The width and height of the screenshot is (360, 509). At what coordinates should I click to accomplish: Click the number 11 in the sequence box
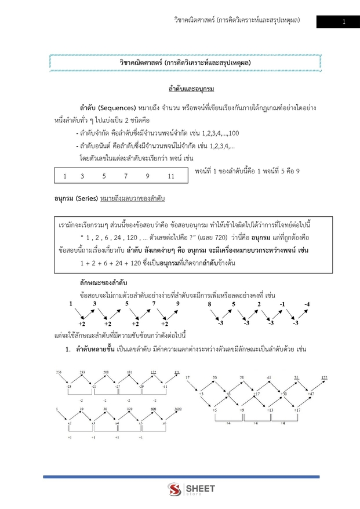[x=170, y=176]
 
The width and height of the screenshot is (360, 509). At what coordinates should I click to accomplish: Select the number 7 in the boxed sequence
[x=125, y=176]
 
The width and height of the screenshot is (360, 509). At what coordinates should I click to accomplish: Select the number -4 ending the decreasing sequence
[x=307, y=304]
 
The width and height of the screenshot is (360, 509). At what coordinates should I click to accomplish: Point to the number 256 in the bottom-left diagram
[x=59, y=371]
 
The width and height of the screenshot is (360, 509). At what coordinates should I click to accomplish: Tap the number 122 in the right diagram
[x=324, y=377]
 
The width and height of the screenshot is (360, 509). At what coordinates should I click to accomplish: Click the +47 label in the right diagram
[x=311, y=394]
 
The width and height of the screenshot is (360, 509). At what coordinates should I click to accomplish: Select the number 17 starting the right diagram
[x=187, y=377]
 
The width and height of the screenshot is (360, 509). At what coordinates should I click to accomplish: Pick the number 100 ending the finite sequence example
[x=233, y=134]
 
